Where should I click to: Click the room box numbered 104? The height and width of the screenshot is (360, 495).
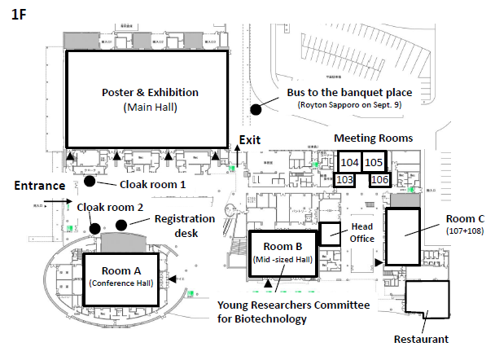[x=349, y=163]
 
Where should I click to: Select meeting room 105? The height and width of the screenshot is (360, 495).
[x=374, y=163]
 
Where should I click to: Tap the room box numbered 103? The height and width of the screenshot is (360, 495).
[x=344, y=179]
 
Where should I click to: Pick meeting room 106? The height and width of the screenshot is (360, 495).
[x=380, y=179]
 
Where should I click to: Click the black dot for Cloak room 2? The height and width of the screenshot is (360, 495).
[x=95, y=227]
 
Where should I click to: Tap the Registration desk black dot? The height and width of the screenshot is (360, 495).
[x=121, y=225]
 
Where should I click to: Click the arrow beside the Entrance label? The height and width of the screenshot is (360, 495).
[x=55, y=200]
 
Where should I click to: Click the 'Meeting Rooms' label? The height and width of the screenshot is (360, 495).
[x=373, y=138]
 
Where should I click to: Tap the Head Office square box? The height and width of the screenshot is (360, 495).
[x=331, y=234]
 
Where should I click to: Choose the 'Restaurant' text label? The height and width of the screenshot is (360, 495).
[x=420, y=339]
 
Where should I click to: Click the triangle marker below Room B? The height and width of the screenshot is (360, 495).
[x=279, y=281]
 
